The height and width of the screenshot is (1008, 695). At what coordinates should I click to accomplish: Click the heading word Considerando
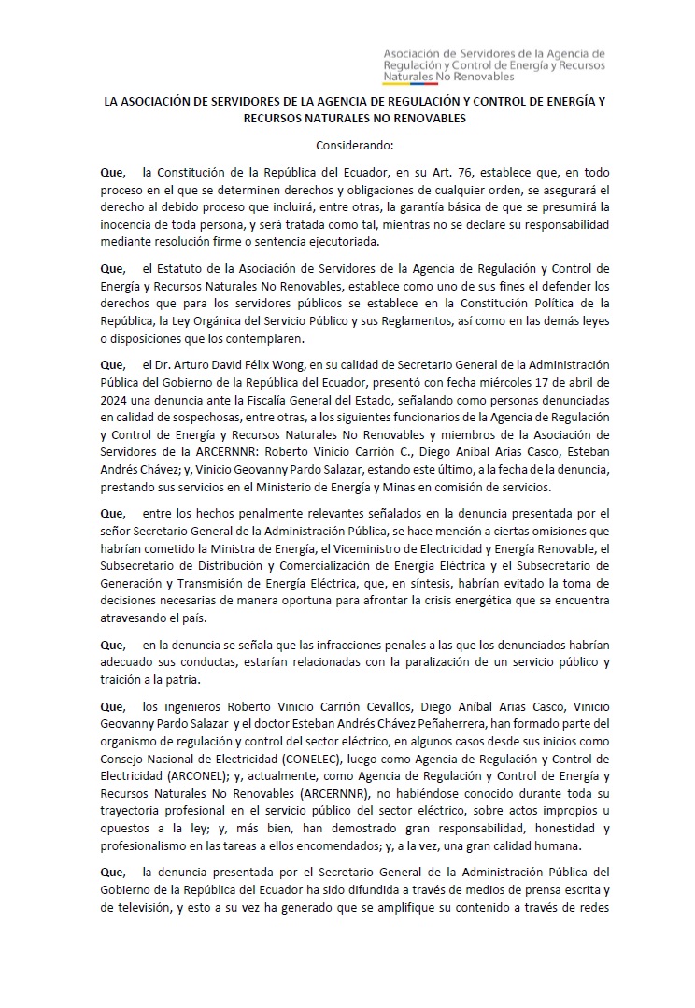click(x=354, y=145)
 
